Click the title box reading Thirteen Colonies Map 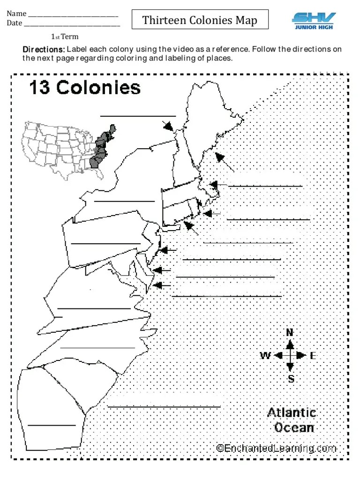(x=200, y=20)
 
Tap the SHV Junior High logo (x=314, y=21)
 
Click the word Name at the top (x=16, y=14)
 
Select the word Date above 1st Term (x=15, y=23)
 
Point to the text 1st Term (x=65, y=37)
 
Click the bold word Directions (x=44, y=49)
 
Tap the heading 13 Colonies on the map (x=85, y=88)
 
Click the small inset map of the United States (x=70, y=148)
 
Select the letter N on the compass (x=290, y=333)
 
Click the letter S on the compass (x=291, y=379)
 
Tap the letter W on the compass (x=265, y=356)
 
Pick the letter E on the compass (x=313, y=356)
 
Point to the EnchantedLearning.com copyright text (x=277, y=448)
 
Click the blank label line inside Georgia (x=52, y=425)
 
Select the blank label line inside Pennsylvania (x=105, y=243)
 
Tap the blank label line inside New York (x=124, y=201)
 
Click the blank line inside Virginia (x=94, y=308)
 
